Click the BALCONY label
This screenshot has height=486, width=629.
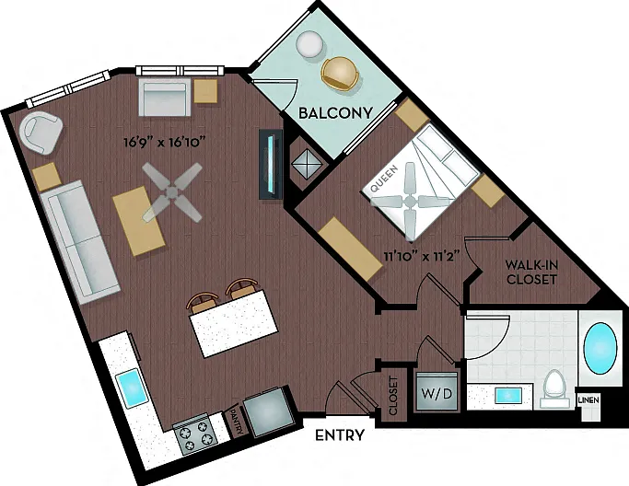pyautogui.click(x=336, y=113)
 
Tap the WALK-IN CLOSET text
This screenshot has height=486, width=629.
pyautogui.click(x=531, y=272)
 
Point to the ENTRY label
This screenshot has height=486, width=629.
pyautogui.click(x=340, y=435)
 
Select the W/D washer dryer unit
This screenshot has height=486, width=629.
pyautogui.click(x=437, y=391)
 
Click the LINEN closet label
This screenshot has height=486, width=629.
pyautogui.click(x=588, y=399)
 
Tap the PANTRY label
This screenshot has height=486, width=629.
pyautogui.click(x=236, y=422)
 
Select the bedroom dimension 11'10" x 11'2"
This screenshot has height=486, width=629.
pyautogui.click(x=421, y=256)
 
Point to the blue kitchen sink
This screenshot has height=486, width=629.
pyautogui.click(x=132, y=388)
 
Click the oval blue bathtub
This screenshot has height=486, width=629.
pyautogui.click(x=600, y=349)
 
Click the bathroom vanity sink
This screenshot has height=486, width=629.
pyautogui.click(x=508, y=396)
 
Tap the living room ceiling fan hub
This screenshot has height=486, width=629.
pyautogui.click(x=172, y=192)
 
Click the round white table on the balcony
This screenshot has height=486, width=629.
pyautogui.click(x=309, y=44)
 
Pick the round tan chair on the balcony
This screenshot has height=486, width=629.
pyautogui.click(x=340, y=74)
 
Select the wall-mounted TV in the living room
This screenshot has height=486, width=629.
pyautogui.click(x=271, y=165)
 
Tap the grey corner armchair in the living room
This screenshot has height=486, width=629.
pyautogui.click(x=41, y=133)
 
